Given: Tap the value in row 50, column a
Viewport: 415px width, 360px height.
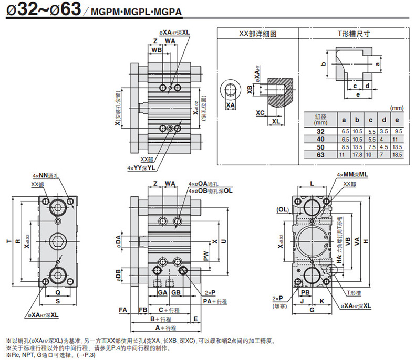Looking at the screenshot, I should tap(344, 147).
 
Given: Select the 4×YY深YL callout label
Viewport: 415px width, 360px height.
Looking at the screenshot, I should tap(140, 168).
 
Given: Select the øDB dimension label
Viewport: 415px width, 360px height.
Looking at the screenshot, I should tap(119, 275).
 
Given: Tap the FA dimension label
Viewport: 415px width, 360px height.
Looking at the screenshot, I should tap(123, 310).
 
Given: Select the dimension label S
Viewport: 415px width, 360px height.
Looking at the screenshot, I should tap(58, 301).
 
